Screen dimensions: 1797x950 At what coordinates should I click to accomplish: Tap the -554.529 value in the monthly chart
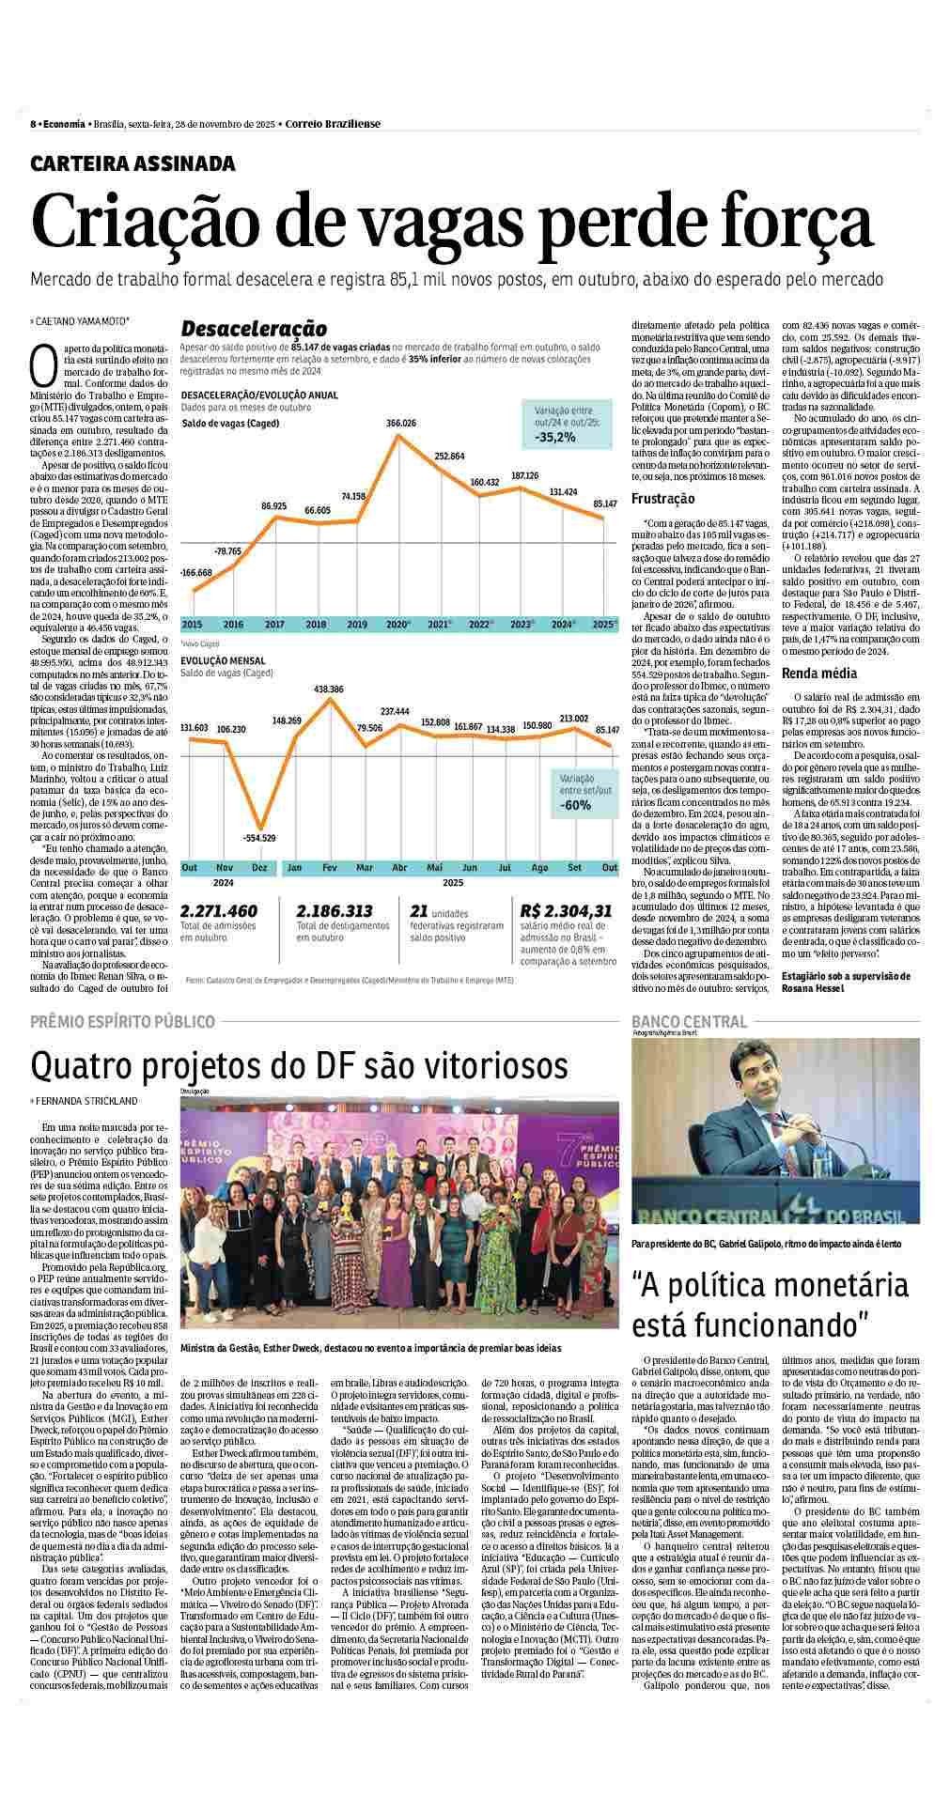coord(258,837)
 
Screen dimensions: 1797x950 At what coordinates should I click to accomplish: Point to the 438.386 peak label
coord(329,689)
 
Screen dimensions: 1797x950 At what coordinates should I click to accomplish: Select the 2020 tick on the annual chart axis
coord(398,624)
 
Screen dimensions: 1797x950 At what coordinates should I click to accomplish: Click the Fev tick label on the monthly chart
coord(330,866)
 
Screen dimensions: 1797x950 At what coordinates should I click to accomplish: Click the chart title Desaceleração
coord(254,329)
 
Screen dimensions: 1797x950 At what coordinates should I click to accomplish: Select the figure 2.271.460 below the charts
coord(219,910)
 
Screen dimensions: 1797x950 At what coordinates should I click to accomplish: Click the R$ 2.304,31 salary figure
coord(567,910)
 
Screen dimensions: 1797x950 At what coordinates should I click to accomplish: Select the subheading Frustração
coord(663,499)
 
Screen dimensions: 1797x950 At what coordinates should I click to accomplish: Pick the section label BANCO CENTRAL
coord(690,1021)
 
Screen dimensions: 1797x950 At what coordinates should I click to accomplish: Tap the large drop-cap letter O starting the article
coord(44,365)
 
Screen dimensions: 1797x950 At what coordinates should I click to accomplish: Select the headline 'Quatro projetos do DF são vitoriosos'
coord(299,1066)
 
